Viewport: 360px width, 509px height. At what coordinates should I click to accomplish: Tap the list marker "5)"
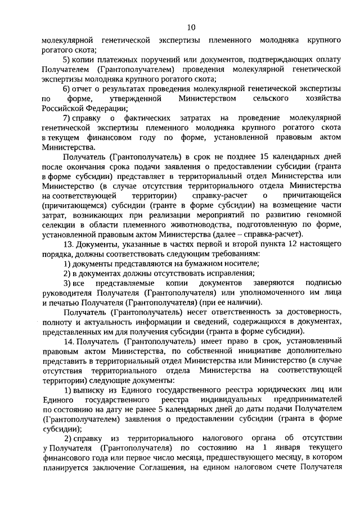[66, 60]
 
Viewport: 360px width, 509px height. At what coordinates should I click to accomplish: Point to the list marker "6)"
[66, 89]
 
